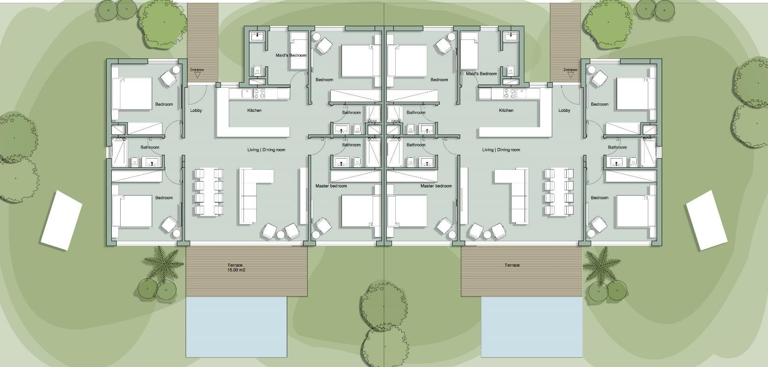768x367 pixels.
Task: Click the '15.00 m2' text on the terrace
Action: (236, 270)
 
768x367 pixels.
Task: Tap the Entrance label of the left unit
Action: (197, 70)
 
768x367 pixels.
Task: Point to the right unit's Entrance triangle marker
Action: (570, 75)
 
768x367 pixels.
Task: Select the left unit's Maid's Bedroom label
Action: (291, 56)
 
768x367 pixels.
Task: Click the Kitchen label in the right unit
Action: (506, 110)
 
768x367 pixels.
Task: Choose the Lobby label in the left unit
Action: (196, 110)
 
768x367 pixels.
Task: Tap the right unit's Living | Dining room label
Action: (501, 150)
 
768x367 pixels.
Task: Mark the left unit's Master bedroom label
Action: (331, 186)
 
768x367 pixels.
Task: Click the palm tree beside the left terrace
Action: (161, 262)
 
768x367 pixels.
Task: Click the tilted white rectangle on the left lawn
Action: (62, 220)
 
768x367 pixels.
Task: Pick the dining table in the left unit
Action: (209, 192)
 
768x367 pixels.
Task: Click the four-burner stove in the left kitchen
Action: (259, 93)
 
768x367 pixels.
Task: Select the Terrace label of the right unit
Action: (512, 265)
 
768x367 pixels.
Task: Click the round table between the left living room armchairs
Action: (281, 234)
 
